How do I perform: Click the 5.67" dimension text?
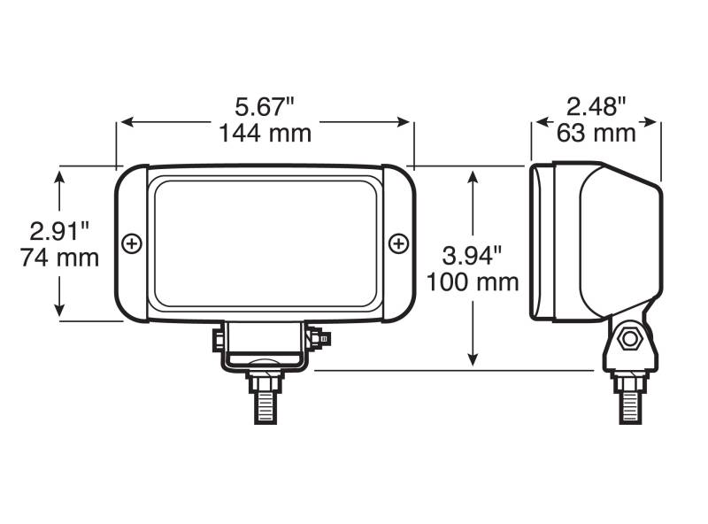click(x=265, y=107)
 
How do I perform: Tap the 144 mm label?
click(x=265, y=134)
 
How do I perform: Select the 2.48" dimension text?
click(x=596, y=107)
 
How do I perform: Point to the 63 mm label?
click(x=596, y=133)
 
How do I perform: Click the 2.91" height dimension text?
click(x=59, y=232)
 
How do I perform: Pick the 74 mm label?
click(x=59, y=258)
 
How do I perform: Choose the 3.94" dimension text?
click(x=473, y=256)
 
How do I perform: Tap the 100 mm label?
click(x=473, y=282)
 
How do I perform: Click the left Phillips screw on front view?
click(x=132, y=244)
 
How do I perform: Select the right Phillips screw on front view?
click(x=399, y=244)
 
